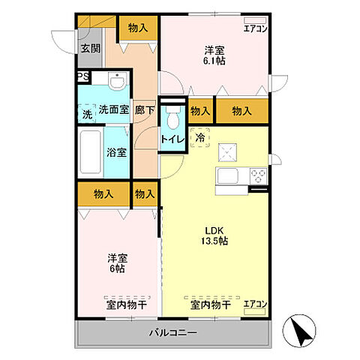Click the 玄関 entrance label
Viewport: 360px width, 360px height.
tap(91, 49)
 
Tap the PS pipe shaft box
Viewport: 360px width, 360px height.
tap(83, 76)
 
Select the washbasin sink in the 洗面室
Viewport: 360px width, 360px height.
tap(117, 81)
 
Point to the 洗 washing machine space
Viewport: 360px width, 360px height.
tap(87, 113)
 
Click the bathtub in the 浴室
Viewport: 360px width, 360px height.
tap(91, 152)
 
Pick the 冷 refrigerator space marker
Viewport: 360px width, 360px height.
tap(199, 137)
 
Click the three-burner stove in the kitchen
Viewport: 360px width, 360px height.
tap(259, 176)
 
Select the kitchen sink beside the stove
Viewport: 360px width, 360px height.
tap(227, 176)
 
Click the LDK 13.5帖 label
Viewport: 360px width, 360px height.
tap(214, 235)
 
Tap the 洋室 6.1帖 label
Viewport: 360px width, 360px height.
tap(214, 55)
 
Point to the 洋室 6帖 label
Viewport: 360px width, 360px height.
tap(118, 263)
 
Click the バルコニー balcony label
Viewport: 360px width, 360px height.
tap(173, 333)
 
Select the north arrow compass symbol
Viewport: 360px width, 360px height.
tap(299, 331)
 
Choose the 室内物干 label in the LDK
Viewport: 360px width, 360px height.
tap(211, 305)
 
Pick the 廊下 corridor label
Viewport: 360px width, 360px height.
tap(145, 110)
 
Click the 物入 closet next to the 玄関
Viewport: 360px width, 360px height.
tap(138, 28)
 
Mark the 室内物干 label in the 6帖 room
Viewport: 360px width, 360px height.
tap(127, 305)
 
